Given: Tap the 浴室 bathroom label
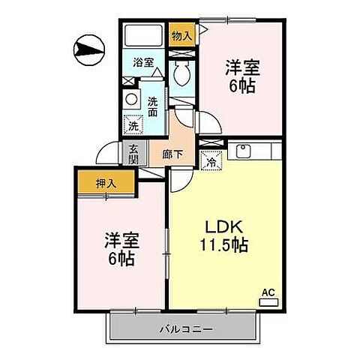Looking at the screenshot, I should click(x=143, y=64).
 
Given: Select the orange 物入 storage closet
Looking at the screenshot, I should click(x=181, y=35).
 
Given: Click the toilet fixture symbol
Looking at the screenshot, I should click(x=181, y=73).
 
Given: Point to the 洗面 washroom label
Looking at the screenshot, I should click(x=153, y=107).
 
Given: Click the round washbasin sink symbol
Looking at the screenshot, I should click(x=132, y=98).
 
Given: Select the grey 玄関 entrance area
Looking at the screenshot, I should click(x=133, y=154).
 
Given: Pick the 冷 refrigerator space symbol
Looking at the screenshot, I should click(x=210, y=160).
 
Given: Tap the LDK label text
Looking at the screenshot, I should click(x=218, y=226).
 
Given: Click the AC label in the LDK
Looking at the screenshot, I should click(x=267, y=292).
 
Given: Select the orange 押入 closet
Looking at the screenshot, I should click(x=105, y=182).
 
